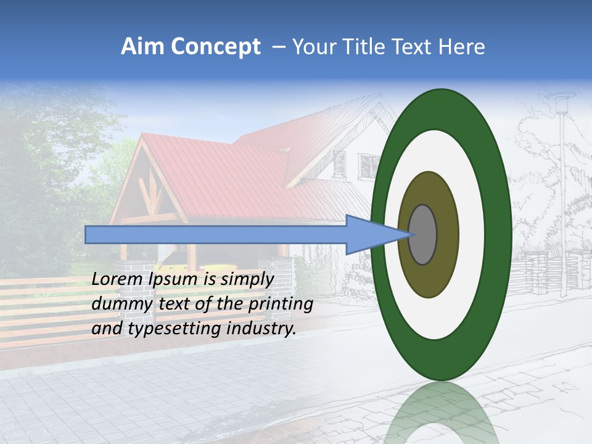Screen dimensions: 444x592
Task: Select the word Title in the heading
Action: coord(360,47)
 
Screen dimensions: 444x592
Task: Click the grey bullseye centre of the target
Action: coord(422,235)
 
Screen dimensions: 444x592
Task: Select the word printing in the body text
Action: coord(281,305)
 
